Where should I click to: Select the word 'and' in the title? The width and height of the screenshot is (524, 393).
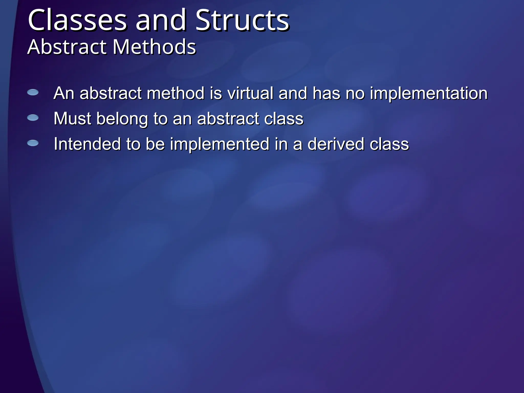[161, 20]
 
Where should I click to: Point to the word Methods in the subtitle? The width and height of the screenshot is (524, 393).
[154, 47]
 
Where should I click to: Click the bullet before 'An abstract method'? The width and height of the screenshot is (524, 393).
[33, 92]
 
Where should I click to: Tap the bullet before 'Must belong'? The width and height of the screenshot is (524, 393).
[33, 118]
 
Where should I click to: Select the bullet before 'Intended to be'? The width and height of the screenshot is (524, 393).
[33, 143]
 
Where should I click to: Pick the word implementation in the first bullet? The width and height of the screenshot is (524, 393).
[429, 94]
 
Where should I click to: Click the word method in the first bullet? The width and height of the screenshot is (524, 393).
[176, 93]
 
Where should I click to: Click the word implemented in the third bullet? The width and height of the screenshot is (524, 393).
[220, 145]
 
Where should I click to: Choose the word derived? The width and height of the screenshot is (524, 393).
[335, 144]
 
